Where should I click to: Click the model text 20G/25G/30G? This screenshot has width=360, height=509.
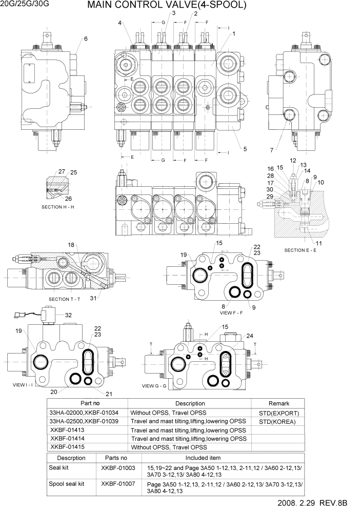point(24,5)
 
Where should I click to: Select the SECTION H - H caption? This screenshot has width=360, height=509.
point(58,207)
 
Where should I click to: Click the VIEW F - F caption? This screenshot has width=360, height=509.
point(234,312)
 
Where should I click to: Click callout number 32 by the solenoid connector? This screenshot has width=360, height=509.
point(68,315)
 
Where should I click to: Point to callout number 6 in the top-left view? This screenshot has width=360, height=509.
point(86,39)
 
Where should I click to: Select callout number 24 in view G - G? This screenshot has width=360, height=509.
point(250,337)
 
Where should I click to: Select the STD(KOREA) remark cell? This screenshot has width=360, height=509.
point(278,421)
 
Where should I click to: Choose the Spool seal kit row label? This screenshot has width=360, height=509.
point(67,484)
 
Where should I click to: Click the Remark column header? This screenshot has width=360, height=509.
point(278,404)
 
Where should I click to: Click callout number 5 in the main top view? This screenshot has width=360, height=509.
point(245,149)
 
